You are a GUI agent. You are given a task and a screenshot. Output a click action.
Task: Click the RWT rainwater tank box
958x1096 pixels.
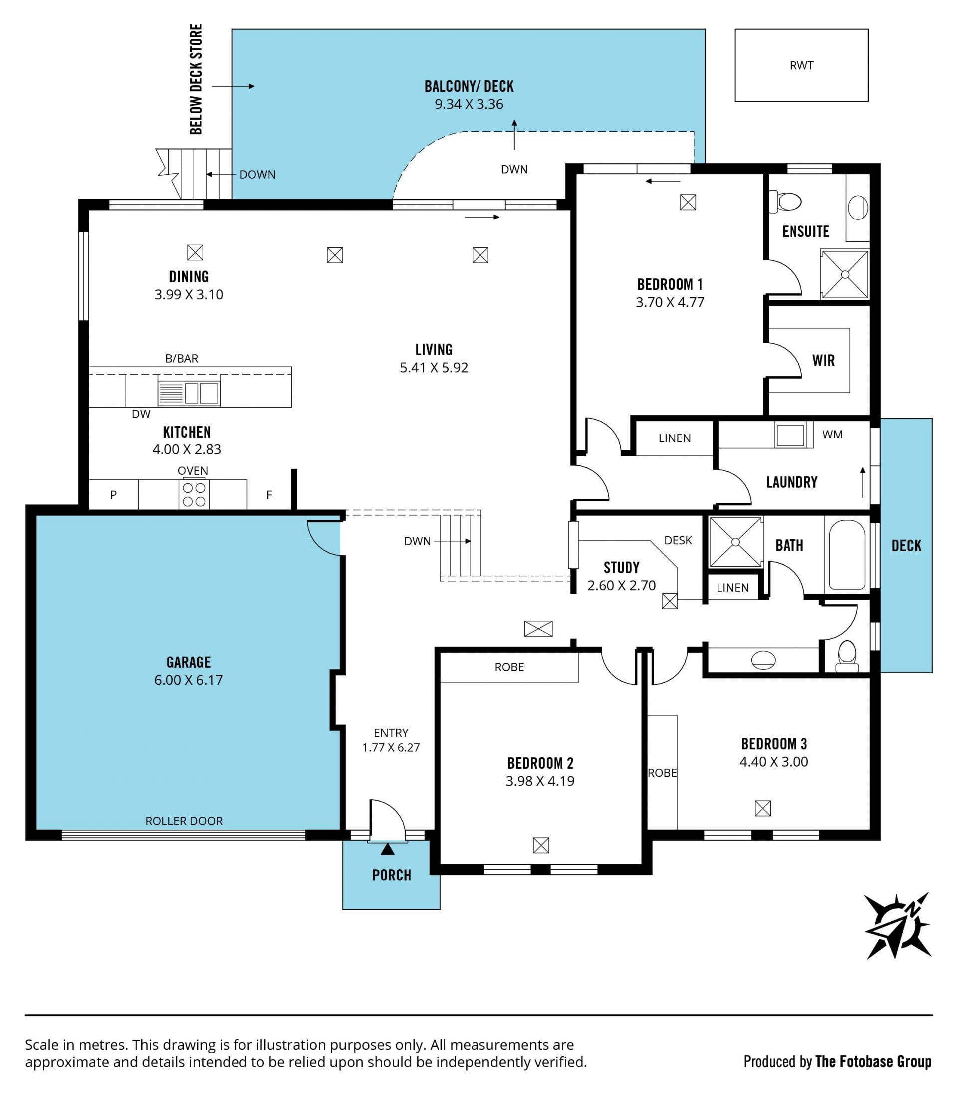click(x=801, y=65)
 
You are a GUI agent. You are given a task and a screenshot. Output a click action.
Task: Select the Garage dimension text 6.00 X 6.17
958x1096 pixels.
click(x=188, y=680)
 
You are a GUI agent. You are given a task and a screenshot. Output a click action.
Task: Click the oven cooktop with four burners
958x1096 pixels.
click(x=194, y=494)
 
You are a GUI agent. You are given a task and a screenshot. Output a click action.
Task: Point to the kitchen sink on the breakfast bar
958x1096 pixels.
click(x=189, y=393)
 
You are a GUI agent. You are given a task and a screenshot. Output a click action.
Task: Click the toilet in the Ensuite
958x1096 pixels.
click(x=785, y=202)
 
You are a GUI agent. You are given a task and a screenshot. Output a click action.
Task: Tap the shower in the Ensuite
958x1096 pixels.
click(x=845, y=275)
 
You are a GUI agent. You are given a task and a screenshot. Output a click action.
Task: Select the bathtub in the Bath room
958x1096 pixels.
click(x=847, y=554)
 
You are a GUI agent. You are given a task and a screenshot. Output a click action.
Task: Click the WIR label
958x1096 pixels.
click(x=823, y=360)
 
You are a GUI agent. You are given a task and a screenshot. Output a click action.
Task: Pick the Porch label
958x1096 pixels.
click(x=392, y=876)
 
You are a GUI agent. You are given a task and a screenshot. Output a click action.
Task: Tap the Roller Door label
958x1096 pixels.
click(x=184, y=821)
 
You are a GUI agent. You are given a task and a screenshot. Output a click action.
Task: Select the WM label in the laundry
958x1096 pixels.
click(x=832, y=435)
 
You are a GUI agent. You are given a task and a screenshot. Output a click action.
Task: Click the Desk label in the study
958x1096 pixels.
click(x=678, y=540)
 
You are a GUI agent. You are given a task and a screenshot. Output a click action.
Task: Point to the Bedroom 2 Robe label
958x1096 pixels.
click(x=509, y=667)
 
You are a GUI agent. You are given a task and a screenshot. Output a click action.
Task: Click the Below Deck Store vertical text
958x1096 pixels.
click(x=196, y=79)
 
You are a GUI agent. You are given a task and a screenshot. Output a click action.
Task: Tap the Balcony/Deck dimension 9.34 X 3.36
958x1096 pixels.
click(x=469, y=104)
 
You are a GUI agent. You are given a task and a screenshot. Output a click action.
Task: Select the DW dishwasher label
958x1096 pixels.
click(x=141, y=414)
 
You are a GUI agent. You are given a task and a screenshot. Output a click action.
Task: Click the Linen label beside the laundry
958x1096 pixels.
click(x=675, y=438)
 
